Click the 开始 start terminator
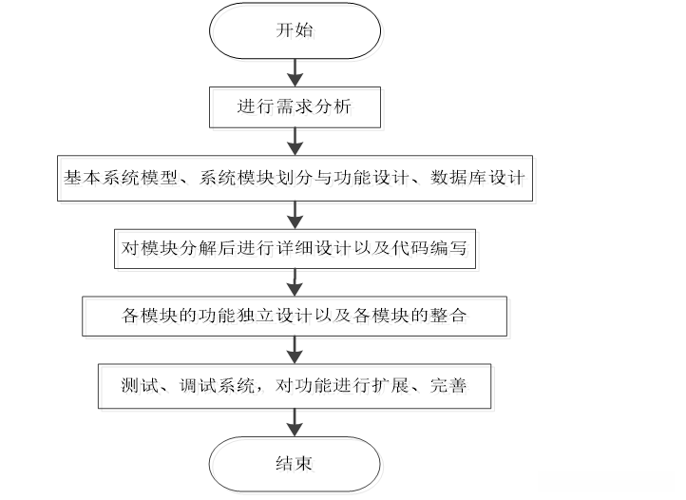click(295, 30)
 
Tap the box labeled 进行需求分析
click(295, 106)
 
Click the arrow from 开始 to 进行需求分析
click(295, 70)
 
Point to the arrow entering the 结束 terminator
click(295, 421)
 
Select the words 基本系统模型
click(112, 177)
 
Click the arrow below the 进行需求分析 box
click(295, 141)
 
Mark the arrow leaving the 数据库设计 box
click(295, 212)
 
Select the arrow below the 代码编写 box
click(295, 281)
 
